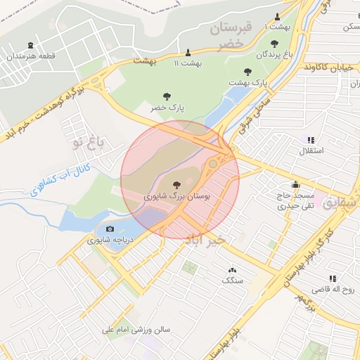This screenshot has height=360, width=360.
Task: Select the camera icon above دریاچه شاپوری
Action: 110,229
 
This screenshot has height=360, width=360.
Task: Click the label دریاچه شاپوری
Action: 110,240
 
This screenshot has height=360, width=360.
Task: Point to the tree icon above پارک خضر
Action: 167,96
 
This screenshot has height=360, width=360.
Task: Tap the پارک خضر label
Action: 167,108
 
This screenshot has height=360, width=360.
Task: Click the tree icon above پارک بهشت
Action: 247,72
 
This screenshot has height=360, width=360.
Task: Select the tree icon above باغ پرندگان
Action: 274,44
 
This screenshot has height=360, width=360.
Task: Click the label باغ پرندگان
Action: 274,54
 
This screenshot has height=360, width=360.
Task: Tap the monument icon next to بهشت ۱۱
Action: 188,53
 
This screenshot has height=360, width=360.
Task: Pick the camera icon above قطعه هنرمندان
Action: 30,44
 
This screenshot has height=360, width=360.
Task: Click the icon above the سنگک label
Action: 232,270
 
